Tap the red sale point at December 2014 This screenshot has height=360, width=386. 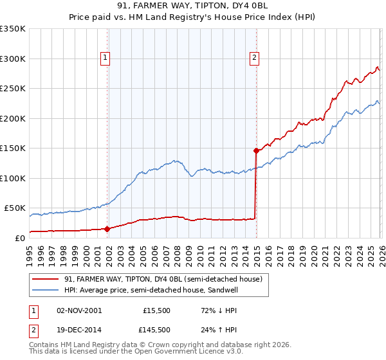click(256, 151)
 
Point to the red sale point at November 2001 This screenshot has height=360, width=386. click(107, 228)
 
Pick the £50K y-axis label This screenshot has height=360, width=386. click(15, 208)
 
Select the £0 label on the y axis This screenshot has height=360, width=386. click(20, 238)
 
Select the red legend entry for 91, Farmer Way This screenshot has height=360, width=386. click(163, 279)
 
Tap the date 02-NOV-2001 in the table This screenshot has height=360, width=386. click(79, 310)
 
